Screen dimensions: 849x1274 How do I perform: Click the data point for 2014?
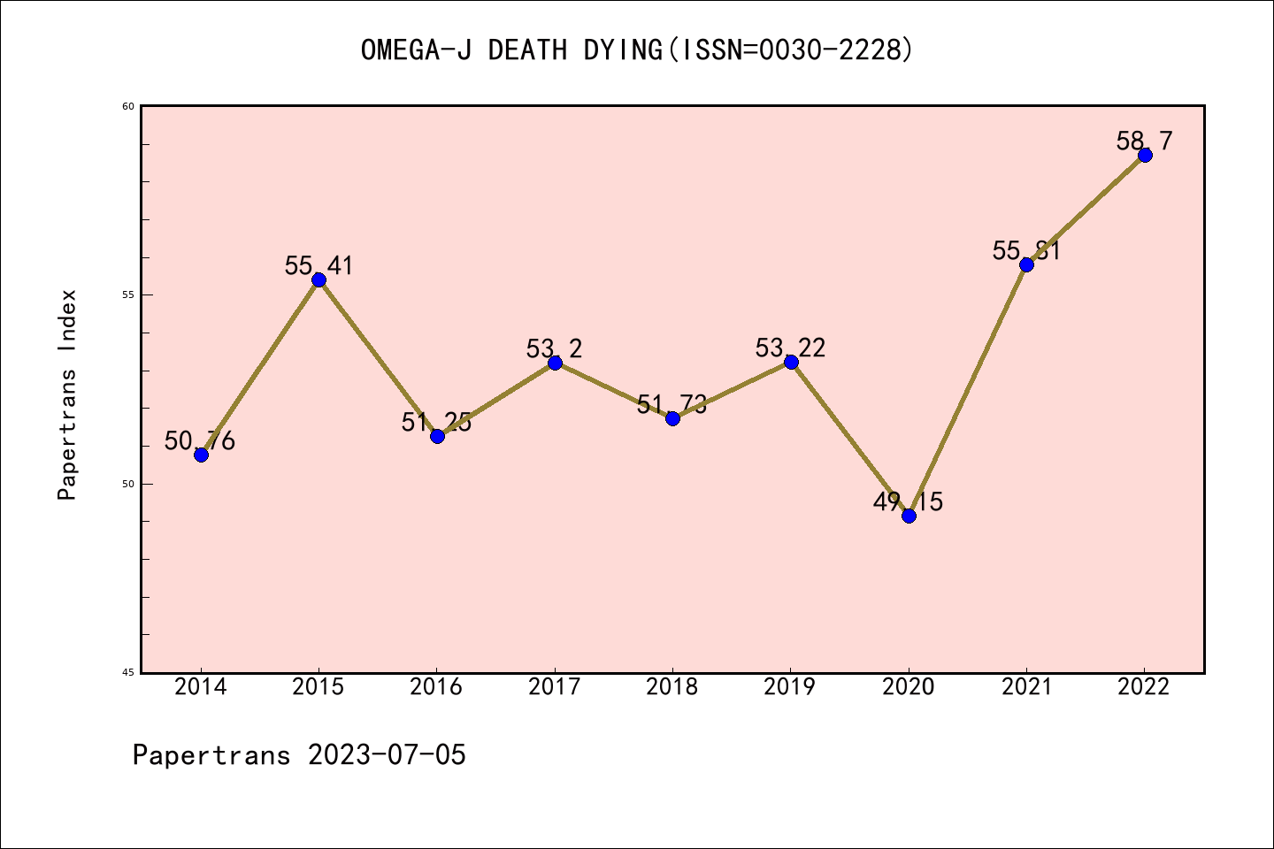[201, 455]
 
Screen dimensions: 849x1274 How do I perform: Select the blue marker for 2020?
[909, 516]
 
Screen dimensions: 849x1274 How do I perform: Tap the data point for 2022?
[1145, 155]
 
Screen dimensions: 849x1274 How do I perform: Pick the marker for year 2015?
[318, 279]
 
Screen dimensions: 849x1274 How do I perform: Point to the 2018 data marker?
[672, 418]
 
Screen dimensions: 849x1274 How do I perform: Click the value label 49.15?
[908, 501]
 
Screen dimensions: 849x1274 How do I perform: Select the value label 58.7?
[1144, 141]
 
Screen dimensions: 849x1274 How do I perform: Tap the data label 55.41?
[318, 265]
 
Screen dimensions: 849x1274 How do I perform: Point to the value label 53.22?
[790, 348]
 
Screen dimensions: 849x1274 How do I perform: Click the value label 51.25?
[436, 422]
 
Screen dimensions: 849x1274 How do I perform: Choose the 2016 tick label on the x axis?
[436, 687]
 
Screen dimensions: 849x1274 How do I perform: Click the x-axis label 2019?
[790, 687]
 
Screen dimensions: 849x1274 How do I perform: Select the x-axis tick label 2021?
[1026, 687]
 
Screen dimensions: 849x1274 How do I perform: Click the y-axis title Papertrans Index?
[67, 394]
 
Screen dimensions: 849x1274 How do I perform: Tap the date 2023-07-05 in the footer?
[387, 755]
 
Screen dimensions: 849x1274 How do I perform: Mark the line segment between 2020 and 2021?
[967, 390]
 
